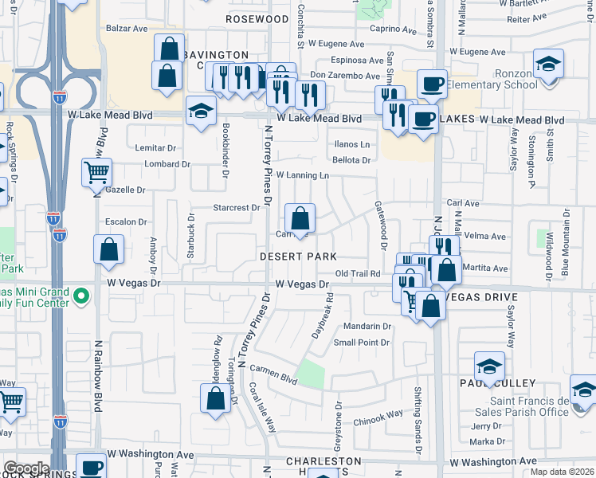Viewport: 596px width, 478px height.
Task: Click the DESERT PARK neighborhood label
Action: pos(298,257)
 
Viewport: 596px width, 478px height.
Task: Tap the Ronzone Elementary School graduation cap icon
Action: pos(549,65)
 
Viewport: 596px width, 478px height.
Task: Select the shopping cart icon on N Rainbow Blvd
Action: pos(96,171)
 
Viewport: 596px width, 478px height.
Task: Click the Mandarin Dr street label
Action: pos(367,327)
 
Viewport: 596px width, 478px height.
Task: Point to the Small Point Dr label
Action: pos(362,343)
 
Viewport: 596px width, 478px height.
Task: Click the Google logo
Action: pos(26,468)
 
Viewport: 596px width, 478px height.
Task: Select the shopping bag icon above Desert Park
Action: pos(300,218)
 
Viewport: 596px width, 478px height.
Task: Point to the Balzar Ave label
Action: pos(128,29)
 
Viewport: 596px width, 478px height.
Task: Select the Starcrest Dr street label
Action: pos(237,208)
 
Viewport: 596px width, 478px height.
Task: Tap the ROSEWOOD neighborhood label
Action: pos(257,18)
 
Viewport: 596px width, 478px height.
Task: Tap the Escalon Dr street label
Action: pos(127,222)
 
